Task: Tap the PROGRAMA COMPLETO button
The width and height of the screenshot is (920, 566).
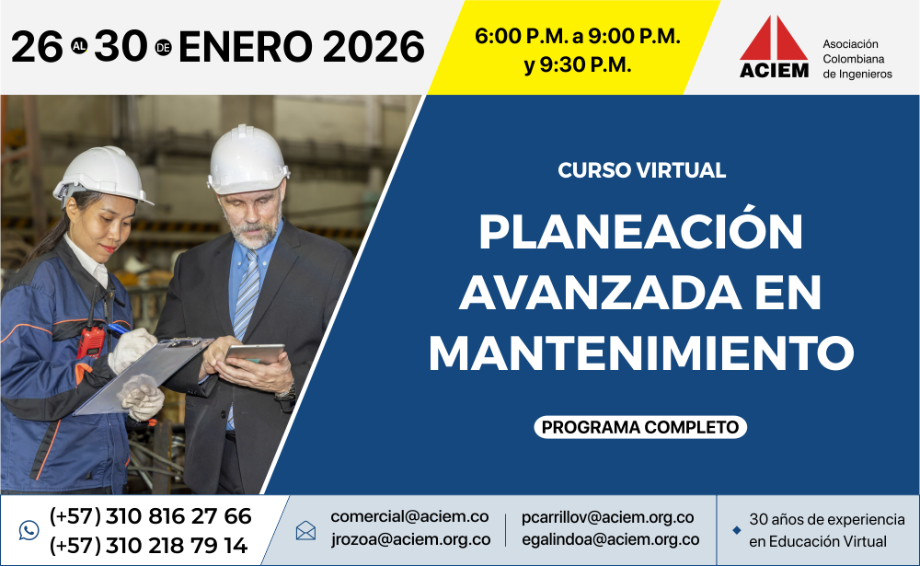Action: (640, 427)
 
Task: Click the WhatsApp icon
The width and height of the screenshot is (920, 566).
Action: (29, 530)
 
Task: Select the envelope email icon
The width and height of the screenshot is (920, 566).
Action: (305, 530)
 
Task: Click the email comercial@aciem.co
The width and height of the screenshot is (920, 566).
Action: (409, 516)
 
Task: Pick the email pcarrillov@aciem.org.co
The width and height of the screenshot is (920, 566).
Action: (608, 517)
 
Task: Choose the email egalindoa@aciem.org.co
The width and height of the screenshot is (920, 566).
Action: (610, 539)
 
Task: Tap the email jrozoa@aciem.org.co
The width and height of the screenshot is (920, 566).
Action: (410, 539)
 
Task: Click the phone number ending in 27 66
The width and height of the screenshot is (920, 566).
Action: (150, 516)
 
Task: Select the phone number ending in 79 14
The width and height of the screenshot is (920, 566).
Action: (148, 546)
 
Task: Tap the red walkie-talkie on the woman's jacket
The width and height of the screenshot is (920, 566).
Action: (91, 341)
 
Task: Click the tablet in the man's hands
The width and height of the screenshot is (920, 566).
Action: (255, 353)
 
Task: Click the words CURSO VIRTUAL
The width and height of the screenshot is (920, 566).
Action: (642, 170)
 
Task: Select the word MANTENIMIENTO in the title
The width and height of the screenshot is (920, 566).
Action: (640, 352)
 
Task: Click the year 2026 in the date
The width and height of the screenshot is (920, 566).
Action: (374, 47)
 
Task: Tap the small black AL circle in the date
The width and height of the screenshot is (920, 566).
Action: (78, 46)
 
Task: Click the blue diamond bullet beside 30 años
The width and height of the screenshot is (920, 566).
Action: (737, 530)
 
